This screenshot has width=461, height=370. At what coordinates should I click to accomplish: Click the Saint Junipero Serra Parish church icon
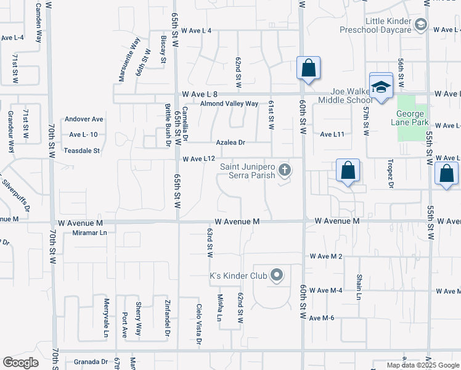coord(284,168)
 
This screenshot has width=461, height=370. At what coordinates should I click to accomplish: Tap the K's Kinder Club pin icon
coord(277,275)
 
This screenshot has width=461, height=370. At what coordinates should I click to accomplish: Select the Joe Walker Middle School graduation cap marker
coord(381,88)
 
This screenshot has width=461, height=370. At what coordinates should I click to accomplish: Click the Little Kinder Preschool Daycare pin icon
coord(421,25)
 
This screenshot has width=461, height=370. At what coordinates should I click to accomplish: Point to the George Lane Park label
coord(410,118)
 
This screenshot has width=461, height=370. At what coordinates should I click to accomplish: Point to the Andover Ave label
coord(85,119)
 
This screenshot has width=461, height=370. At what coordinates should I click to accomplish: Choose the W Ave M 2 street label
coord(325,256)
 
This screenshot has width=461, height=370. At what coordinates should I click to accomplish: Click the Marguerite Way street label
coord(130,59)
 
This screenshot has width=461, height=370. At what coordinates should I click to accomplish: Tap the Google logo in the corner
coord(20,363)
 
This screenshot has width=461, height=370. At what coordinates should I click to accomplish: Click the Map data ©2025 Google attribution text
coord(422,365)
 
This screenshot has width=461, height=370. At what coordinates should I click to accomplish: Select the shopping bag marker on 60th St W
coord(308,68)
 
